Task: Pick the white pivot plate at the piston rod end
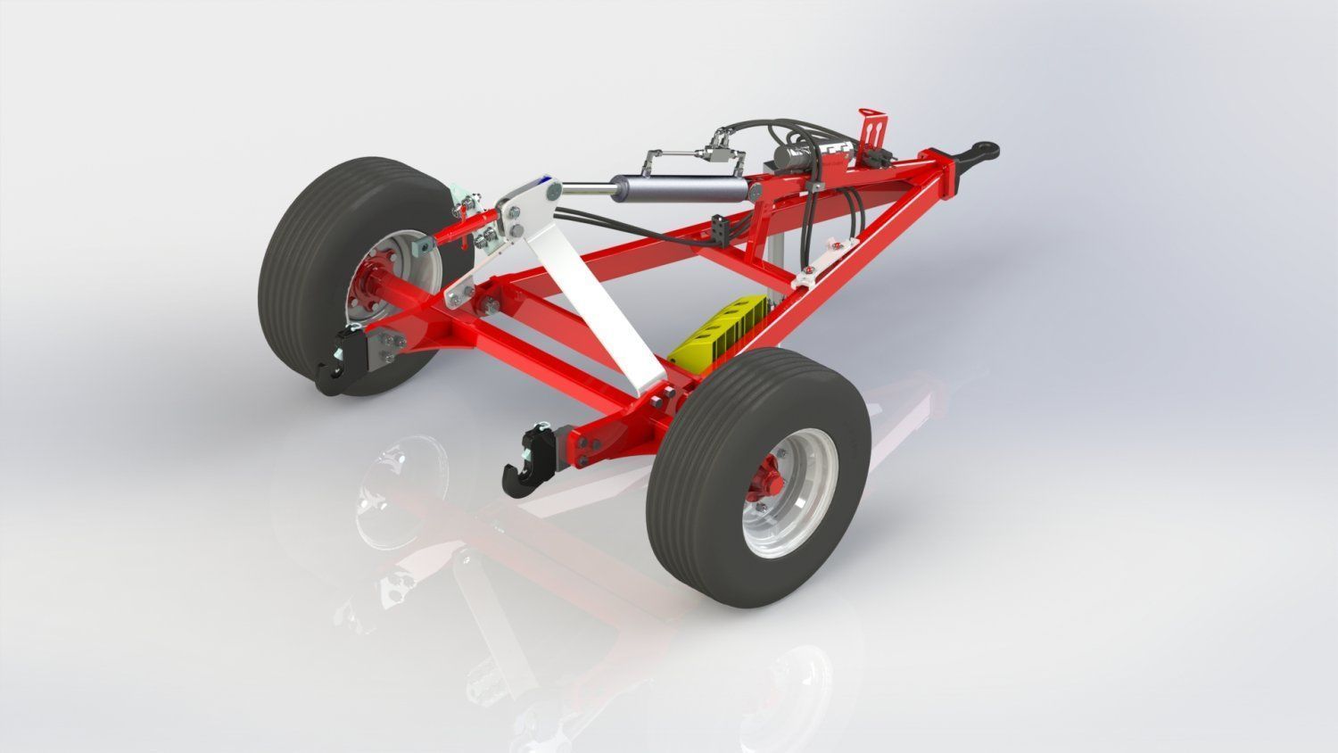(x=526, y=210)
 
